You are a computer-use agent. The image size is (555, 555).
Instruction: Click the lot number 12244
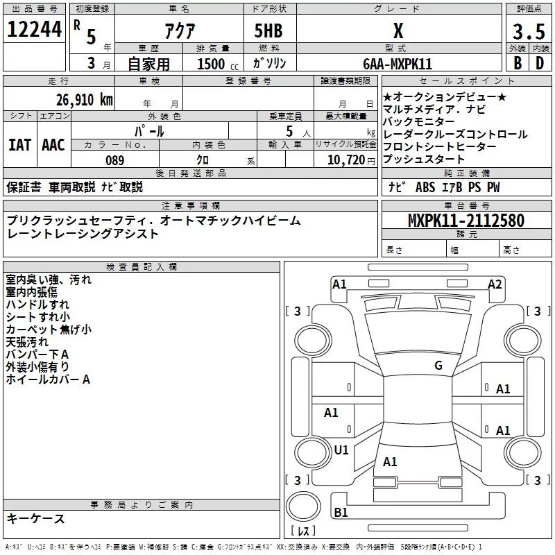[34, 30]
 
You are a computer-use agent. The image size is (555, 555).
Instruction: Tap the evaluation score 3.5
[527, 32]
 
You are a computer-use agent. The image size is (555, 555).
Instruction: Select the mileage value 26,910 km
[80, 100]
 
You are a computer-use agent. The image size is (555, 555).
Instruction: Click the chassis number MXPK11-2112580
[466, 221]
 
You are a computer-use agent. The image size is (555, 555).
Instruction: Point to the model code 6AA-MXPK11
[398, 63]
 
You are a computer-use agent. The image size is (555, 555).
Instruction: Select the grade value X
[398, 31]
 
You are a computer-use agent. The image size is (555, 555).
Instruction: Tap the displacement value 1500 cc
[212, 64]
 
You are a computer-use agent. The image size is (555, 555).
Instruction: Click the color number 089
[114, 160]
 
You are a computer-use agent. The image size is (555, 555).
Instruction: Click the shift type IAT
[19, 145]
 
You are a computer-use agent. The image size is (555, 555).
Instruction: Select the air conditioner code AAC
[53, 145]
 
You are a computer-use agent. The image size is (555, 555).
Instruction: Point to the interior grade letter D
[539, 62]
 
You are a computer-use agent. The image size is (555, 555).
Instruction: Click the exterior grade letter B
[517, 62]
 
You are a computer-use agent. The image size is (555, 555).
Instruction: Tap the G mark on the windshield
[438, 365]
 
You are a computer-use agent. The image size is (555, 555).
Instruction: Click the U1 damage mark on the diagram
[341, 450]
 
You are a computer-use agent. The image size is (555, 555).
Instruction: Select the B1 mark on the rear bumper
[341, 512]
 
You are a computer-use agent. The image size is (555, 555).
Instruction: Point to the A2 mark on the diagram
[495, 284]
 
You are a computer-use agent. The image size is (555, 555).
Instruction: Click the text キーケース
[36, 518]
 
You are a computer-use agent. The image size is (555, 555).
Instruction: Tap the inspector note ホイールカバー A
[49, 379]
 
